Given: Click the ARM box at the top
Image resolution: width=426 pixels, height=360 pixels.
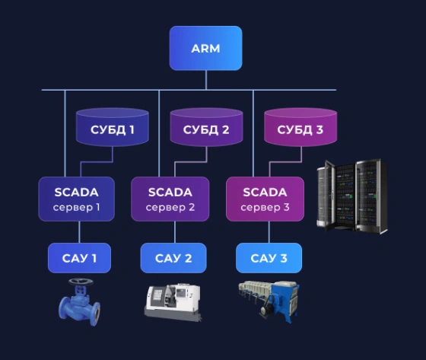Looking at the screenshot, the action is click(x=205, y=48).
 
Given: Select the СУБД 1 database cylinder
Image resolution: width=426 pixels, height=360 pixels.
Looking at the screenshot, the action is click(x=113, y=127).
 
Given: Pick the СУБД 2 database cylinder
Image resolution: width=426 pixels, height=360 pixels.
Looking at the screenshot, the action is click(x=206, y=127).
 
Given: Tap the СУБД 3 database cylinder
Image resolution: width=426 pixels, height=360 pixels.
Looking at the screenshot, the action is click(x=300, y=127).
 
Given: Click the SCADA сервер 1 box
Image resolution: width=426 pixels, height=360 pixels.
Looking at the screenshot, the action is click(x=76, y=199).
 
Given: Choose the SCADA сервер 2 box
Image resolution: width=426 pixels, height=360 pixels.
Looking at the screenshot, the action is click(x=170, y=199).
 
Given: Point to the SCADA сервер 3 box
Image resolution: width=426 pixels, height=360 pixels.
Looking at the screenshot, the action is click(x=265, y=199).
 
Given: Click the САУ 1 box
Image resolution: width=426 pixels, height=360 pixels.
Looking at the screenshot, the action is click(x=79, y=258).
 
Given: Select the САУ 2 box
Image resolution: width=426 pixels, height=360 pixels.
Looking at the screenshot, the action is click(x=173, y=258).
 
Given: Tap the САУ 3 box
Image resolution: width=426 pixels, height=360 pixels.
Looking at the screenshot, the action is click(x=269, y=258).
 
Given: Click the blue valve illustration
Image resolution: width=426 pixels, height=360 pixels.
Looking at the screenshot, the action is click(x=79, y=302).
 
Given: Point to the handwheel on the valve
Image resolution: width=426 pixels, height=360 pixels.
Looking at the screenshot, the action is click(x=81, y=282).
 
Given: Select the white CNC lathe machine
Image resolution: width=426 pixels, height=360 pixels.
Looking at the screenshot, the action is click(x=173, y=303).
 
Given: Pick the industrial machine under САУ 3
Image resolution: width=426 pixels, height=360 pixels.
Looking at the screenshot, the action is click(x=269, y=301).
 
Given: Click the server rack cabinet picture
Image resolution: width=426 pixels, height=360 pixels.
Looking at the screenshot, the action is click(x=352, y=196).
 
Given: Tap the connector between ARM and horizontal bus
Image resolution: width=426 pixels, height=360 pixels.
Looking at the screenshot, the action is click(x=206, y=80).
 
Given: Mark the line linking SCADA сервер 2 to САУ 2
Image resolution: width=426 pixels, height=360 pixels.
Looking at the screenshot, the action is click(x=175, y=232).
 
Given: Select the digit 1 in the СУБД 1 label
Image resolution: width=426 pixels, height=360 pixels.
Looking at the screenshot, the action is click(x=132, y=130).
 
